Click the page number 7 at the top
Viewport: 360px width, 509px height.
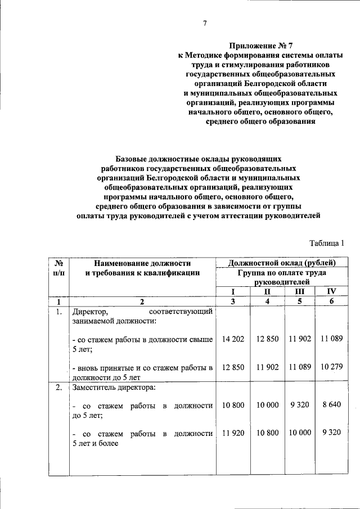click(205, 23)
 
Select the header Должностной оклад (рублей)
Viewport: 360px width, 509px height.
click(283, 263)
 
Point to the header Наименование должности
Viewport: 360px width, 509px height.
click(142, 263)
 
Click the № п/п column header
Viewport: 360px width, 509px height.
click(58, 268)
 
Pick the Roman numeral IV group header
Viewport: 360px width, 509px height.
click(332, 291)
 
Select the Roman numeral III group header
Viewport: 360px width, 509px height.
click(300, 291)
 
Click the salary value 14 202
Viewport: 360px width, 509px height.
click(233, 339)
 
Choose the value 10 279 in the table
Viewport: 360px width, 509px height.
click(332, 367)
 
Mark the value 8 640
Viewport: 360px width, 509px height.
click(332, 405)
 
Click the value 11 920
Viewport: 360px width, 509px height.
click(233, 433)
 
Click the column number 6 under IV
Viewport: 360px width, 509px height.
click(332, 301)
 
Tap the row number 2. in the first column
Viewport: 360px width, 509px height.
click(58, 388)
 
